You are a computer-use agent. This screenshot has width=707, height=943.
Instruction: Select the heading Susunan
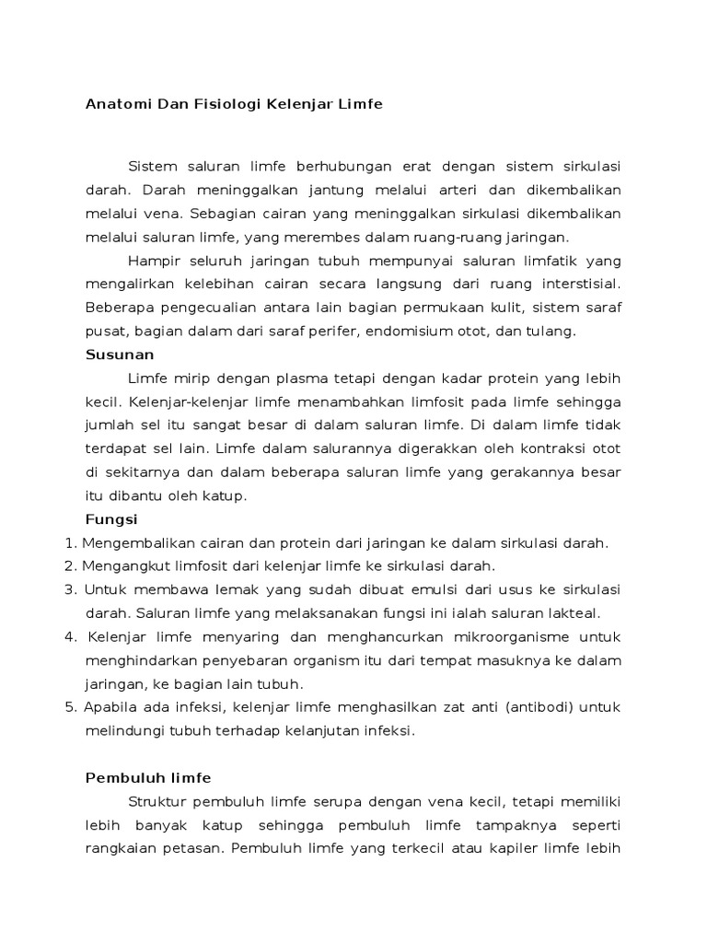tap(120, 354)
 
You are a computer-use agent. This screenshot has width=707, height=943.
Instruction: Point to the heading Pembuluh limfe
tap(148, 778)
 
